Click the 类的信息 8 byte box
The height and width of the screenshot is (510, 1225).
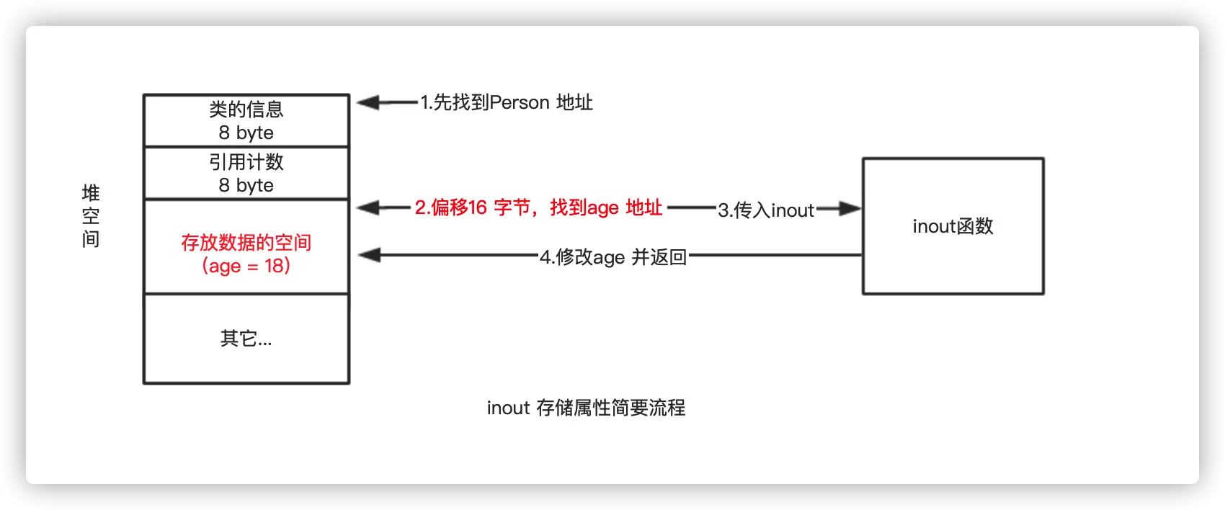[x=246, y=120]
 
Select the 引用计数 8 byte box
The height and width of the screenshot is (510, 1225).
[x=246, y=173]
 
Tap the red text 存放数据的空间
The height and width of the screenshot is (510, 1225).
[x=246, y=243]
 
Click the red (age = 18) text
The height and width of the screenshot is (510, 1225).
[x=246, y=266]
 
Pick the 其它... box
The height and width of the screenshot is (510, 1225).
[x=246, y=339]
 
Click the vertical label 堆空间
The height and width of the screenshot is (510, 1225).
[x=91, y=216]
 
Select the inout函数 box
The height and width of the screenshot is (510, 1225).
[x=953, y=226]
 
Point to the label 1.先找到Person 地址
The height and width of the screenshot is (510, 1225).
[x=507, y=103]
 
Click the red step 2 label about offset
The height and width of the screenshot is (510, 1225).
[x=538, y=208]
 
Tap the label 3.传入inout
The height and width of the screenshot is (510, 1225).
[x=766, y=210]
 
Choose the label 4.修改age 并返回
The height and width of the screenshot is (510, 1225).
[x=613, y=257]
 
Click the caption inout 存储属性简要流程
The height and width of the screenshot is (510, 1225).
[x=586, y=408]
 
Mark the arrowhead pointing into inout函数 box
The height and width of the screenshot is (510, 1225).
[x=851, y=209]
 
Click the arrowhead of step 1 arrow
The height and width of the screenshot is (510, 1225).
[x=367, y=103]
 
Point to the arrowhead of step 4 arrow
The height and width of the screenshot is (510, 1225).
[x=368, y=255]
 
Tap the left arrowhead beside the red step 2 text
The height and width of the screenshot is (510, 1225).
[x=367, y=208]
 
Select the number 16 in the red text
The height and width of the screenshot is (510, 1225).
[x=478, y=208]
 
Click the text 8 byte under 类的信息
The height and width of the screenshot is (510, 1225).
[x=246, y=133]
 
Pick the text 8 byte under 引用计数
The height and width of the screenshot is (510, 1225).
[x=246, y=185]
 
